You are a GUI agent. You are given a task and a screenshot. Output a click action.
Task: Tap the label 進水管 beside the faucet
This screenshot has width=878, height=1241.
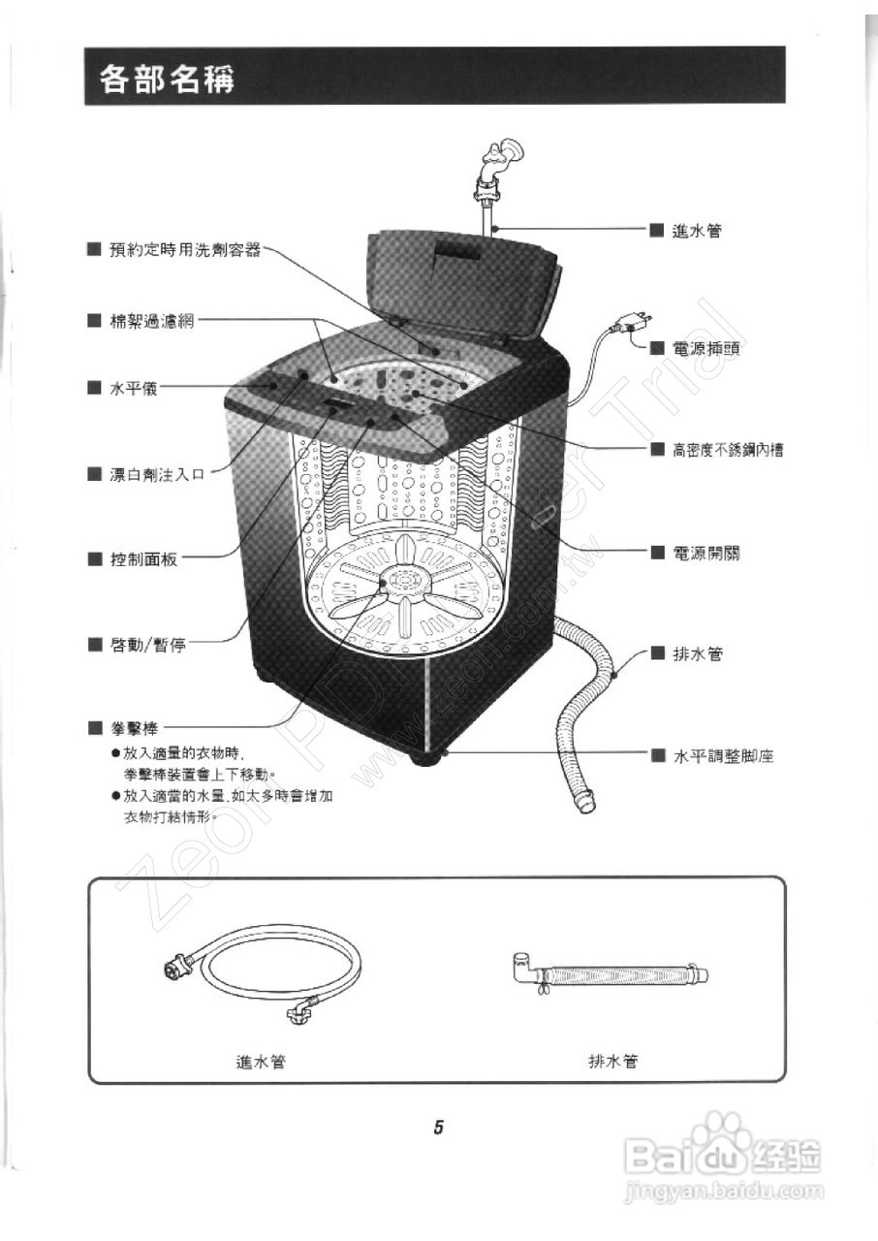click(x=696, y=231)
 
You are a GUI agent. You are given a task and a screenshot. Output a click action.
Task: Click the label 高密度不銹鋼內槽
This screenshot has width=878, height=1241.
click(x=728, y=449)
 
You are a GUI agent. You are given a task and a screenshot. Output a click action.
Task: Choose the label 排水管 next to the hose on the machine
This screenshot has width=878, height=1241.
click(x=697, y=654)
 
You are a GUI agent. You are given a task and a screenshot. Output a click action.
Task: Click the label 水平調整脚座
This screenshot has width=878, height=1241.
click(x=723, y=756)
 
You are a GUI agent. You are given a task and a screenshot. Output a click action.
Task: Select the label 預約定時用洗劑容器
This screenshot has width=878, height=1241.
click(x=184, y=250)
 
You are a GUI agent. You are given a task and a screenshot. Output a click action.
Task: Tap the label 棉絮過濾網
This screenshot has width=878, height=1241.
click(x=151, y=321)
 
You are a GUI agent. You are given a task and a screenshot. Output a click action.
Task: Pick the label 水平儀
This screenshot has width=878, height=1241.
click(x=133, y=389)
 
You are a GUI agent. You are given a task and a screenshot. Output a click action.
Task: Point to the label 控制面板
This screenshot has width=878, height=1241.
click(x=143, y=559)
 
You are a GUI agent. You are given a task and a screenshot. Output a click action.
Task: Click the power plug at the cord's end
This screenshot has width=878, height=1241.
click(x=635, y=322)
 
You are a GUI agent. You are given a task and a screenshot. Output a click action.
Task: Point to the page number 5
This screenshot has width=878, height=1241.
click(x=439, y=1128)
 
